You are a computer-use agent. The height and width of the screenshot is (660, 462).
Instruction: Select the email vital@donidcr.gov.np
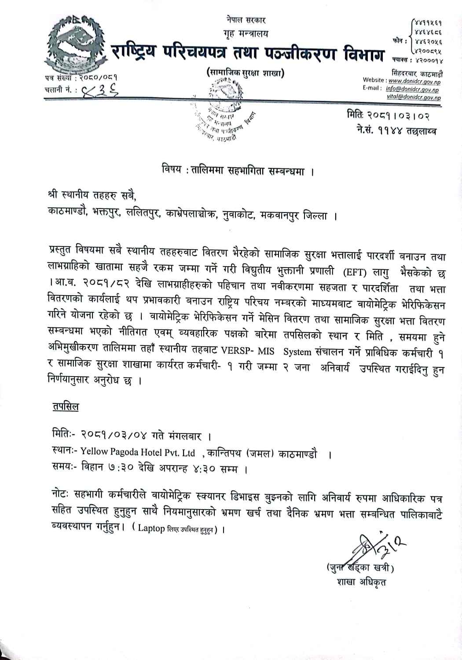413,98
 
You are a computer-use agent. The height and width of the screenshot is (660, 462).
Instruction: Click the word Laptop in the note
151,528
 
